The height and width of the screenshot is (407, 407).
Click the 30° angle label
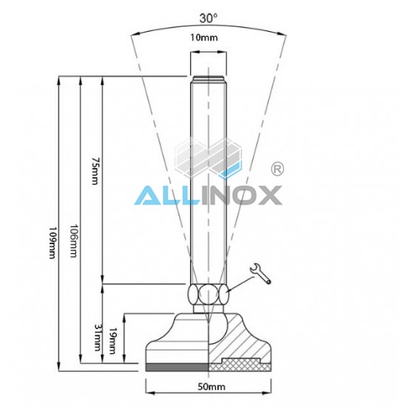tap(208, 18)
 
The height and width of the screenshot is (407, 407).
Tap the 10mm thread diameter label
tap(204, 38)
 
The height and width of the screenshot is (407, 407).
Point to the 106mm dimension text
tap(73, 241)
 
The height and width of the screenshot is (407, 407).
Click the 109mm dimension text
tap(53, 243)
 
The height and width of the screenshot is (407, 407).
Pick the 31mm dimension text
tap(98, 337)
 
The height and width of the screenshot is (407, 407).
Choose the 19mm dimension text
tap(112, 340)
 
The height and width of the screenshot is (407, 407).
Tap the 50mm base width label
tap(212, 387)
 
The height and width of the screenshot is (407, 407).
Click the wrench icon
tap(260, 273)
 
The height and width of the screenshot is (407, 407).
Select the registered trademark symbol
tap(277, 169)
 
